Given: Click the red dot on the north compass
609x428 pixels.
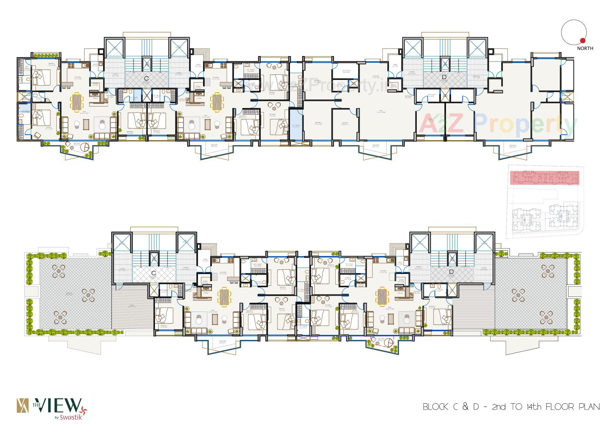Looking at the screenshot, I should tap(582, 40).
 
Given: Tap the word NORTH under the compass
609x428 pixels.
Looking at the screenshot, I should tap(585, 48).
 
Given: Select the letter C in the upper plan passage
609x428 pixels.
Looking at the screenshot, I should tap(146, 78).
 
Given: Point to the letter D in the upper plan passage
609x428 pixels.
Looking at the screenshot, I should tap(444, 77).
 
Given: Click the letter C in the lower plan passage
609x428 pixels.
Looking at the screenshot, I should tap(154, 273).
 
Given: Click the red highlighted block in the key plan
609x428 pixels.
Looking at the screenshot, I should tap(544, 178).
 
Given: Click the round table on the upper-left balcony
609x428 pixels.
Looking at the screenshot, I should tap(85, 148).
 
